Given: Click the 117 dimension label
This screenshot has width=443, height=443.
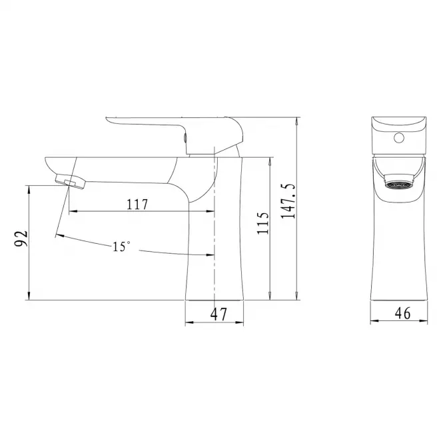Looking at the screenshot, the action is coord(137,205).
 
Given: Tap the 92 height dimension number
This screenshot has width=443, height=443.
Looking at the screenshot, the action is coord(21,238).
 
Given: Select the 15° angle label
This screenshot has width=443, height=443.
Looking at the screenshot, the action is coord(121,246).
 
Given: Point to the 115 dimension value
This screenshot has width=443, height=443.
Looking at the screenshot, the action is coord(262,223).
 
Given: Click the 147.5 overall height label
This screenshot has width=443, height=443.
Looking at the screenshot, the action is coord(288,201).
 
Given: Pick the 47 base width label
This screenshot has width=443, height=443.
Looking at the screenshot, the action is coord(219,314).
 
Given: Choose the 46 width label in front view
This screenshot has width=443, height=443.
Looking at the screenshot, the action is coord(402,313).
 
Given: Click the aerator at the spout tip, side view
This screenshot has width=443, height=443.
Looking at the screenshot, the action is coord(71,182).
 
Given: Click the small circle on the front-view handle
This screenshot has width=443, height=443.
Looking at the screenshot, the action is coord(399,138).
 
